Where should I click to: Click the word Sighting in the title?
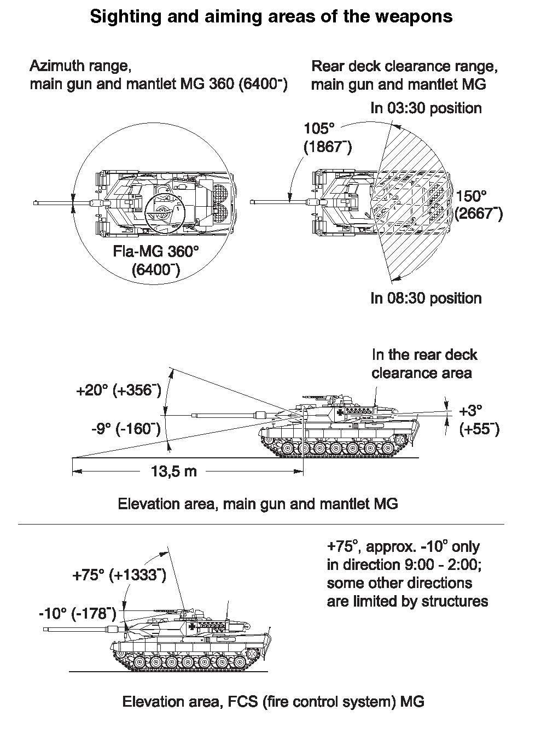[119, 17]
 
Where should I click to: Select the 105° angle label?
[319, 129]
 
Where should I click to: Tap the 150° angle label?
[472, 196]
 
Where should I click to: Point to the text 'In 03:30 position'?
[426, 108]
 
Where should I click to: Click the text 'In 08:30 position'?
[426, 298]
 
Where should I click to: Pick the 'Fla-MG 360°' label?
[156, 252]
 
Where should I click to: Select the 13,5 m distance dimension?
[173, 471]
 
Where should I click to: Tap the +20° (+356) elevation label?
[119, 391]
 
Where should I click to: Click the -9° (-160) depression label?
[126, 428]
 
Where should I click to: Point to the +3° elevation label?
[470, 411]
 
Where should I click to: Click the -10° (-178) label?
[77, 614]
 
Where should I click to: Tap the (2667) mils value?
[478, 214]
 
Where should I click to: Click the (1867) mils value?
[327, 148]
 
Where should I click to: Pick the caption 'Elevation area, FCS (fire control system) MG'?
[273, 701]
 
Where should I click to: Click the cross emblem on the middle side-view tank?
[342, 412]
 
